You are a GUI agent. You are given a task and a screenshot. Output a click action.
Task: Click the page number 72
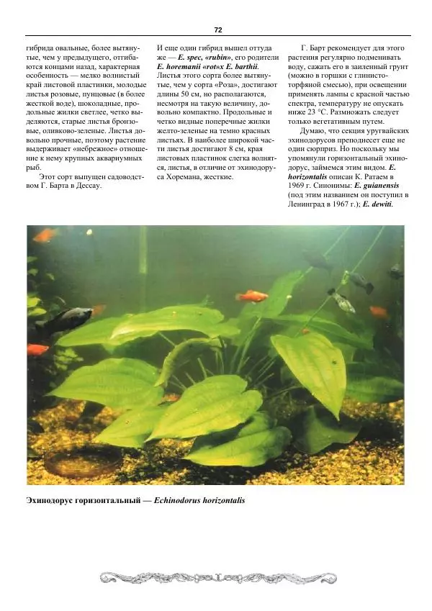pos(217,30)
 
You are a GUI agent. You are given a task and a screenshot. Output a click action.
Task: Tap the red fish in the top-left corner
pos(44,235)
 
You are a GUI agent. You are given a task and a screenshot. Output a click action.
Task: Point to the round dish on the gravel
pos(73,462)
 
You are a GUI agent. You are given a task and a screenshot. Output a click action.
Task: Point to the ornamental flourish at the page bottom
pos(216,576)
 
